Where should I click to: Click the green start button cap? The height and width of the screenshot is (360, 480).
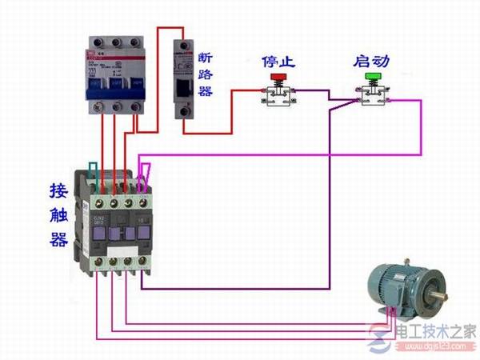pos(371,78)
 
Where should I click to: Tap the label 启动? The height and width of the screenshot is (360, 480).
pos(370,61)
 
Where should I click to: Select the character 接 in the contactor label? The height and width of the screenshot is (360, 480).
pos(58,192)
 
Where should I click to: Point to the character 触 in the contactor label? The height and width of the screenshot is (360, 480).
pos(58,216)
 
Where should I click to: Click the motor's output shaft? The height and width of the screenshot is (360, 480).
pos(438,298)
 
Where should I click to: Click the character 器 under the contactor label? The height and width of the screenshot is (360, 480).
pos(58,239)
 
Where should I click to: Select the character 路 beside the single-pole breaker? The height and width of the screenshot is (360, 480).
pos(206,75)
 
